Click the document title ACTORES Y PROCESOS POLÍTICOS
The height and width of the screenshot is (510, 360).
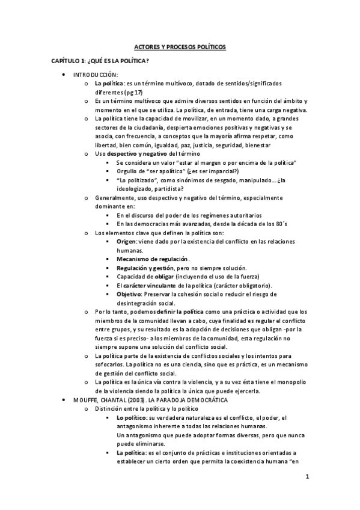180,47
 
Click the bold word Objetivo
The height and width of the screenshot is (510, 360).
130,294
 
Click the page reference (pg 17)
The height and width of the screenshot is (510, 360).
131,91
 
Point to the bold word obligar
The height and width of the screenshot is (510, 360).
159,277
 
